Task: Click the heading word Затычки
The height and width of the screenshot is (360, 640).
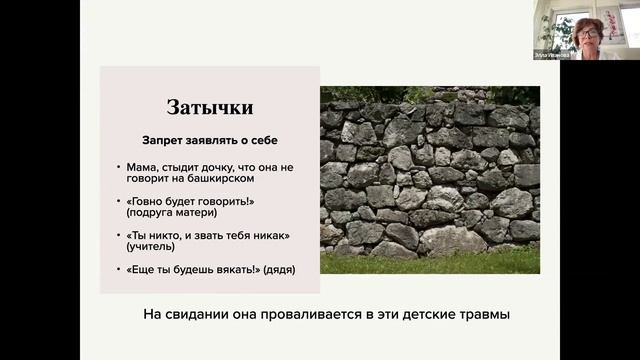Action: click(209, 108)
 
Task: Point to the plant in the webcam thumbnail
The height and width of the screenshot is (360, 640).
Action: click(550, 30)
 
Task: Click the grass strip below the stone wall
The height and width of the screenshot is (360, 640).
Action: click(430, 262)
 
